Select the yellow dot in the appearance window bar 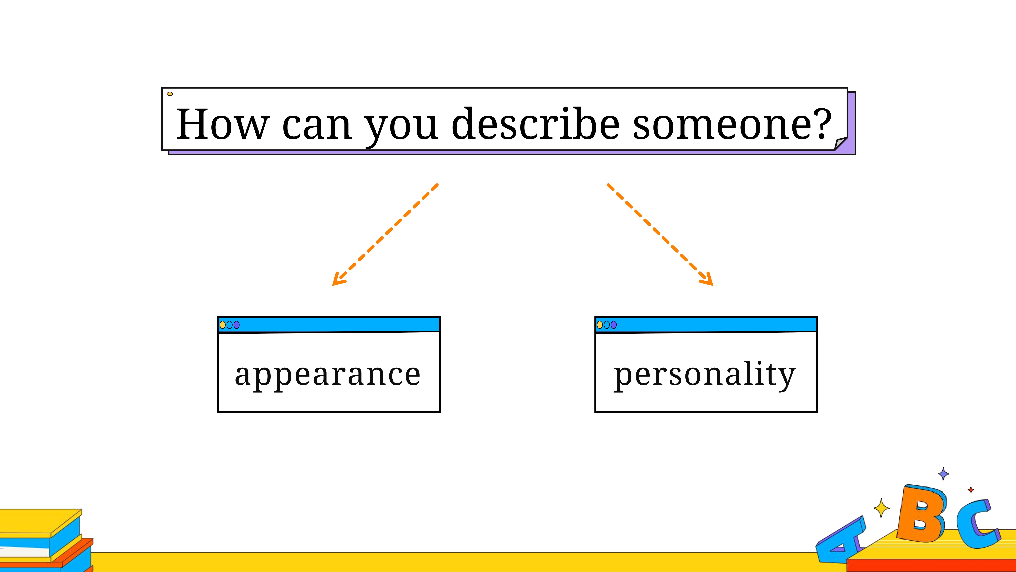point(223,325)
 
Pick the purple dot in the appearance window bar point(237,325)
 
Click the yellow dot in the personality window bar point(600,325)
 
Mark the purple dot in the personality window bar point(614,325)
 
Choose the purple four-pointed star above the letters point(943,474)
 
